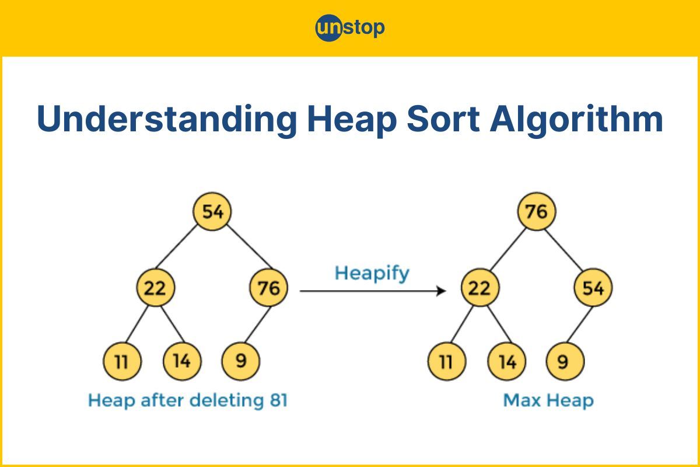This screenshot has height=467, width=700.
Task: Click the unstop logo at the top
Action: click(x=349, y=27)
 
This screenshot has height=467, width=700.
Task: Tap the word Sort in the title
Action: click(x=443, y=119)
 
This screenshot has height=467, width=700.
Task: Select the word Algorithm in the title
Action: click(x=576, y=119)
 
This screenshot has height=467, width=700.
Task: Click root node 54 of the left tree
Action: click(x=212, y=211)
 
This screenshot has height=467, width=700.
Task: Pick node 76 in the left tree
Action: click(x=268, y=287)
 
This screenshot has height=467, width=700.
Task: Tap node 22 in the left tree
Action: click(x=155, y=287)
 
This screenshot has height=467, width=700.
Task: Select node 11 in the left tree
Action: click(x=122, y=361)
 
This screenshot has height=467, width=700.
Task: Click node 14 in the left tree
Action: click(x=182, y=361)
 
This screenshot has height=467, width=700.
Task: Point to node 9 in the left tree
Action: click(x=240, y=361)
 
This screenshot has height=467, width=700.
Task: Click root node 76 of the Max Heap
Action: click(x=537, y=211)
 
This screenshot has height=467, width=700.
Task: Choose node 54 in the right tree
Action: click(x=593, y=287)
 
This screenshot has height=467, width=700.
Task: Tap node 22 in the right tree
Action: click(x=480, y=287)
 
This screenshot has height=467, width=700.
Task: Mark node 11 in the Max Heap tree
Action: click(x=447, y=361)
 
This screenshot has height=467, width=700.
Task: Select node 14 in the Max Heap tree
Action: click(x=506, y=361)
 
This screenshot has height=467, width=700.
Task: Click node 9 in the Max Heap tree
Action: click(x=565, y=361)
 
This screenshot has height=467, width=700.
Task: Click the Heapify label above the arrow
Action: click(x=372, y=274)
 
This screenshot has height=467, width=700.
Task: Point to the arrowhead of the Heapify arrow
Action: click(x=442, y=291)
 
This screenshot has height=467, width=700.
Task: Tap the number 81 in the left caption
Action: click(x=278, y=400)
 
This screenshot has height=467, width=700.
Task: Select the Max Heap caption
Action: click(x=548, y=400)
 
